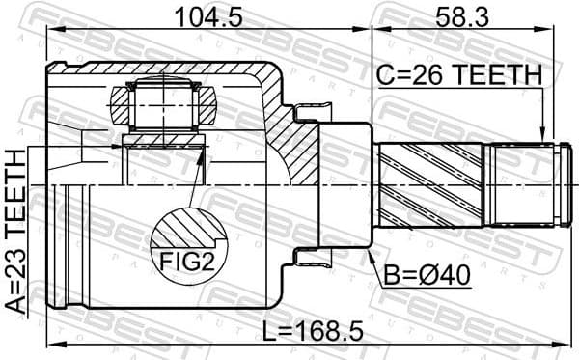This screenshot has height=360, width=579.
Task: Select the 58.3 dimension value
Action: [467, 15]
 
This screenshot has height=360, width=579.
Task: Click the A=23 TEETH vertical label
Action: [16, 231]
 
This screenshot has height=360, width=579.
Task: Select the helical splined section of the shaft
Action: [434, 184]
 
